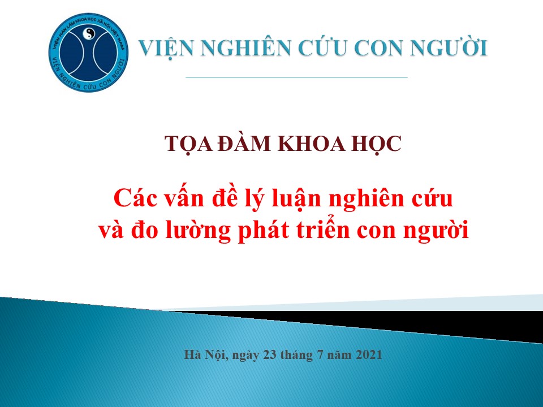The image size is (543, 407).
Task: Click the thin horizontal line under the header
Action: pyautogui.click(x=296, y=77)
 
